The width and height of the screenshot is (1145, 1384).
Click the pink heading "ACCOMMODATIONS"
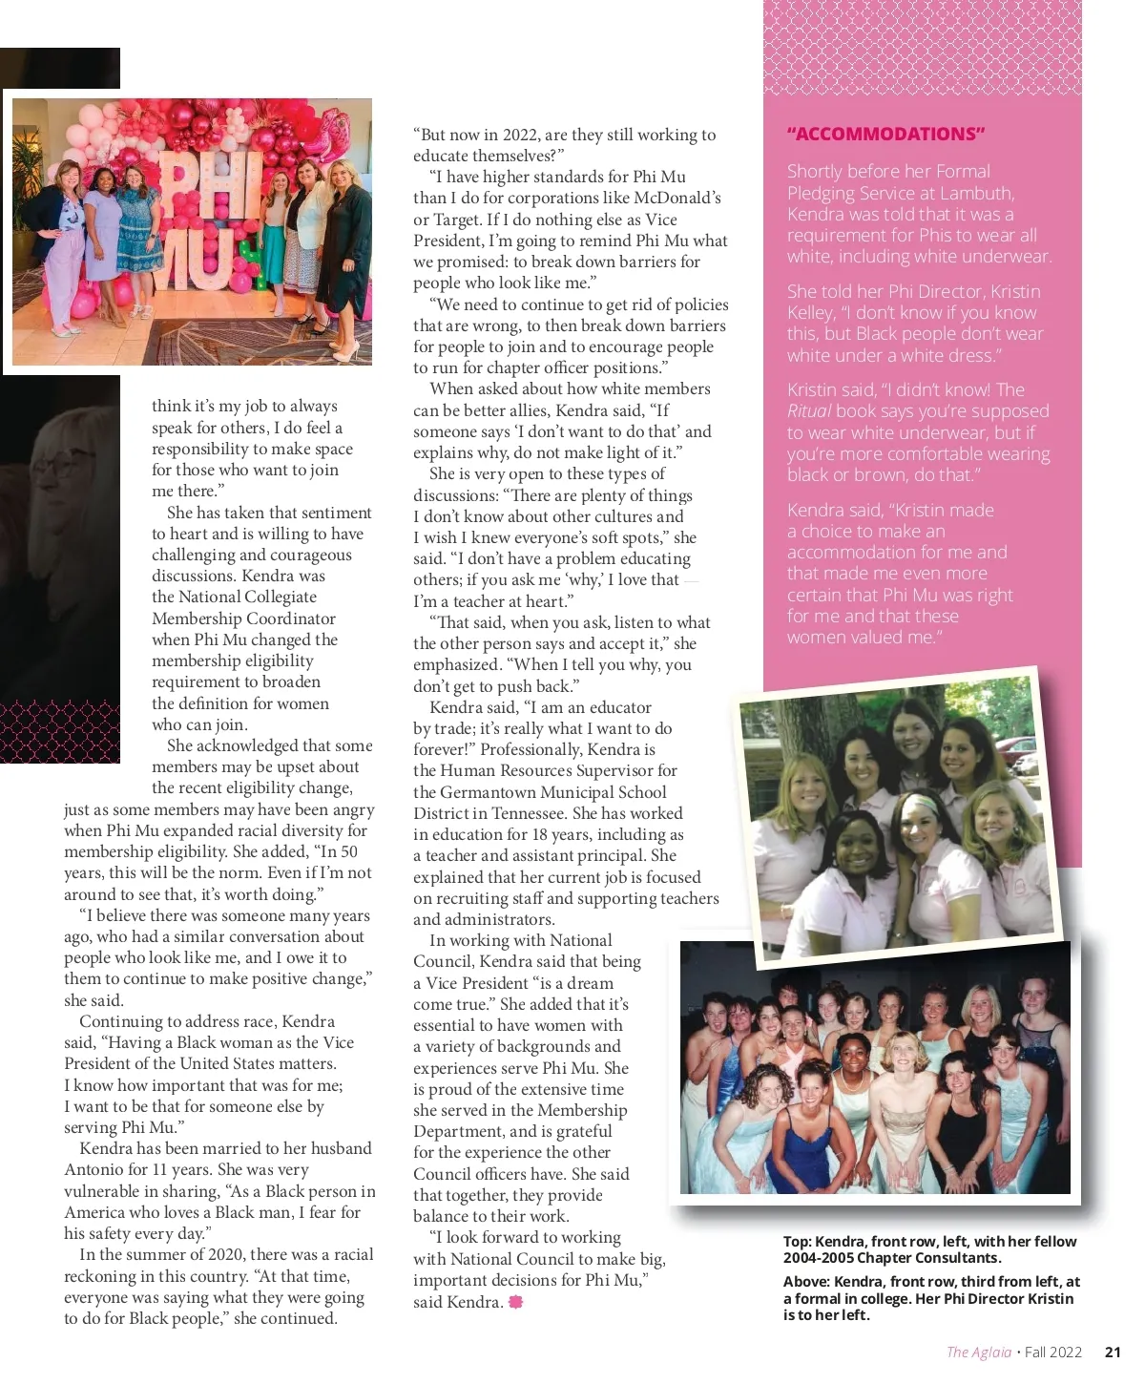tap(885, 135)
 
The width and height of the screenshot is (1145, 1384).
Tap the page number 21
tap(1113, 1352)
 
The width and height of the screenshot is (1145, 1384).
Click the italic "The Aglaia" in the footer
tap(978, 1352)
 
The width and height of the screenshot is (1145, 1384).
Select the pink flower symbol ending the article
tap(516, 1302)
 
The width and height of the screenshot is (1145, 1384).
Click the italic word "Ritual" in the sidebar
tap(808, 411)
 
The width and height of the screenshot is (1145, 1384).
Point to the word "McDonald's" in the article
tap(675, 198)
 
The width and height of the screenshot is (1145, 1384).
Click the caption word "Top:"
tap(798, 1242)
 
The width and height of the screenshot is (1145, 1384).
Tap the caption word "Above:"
tap(806, 1282)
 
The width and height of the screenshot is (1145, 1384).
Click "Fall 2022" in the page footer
tap(1053, 1352)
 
